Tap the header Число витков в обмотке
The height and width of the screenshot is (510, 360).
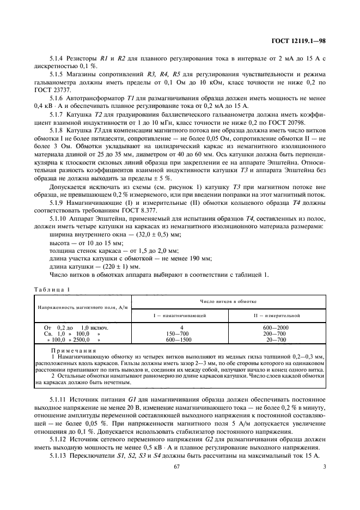(x=228, y=301)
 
